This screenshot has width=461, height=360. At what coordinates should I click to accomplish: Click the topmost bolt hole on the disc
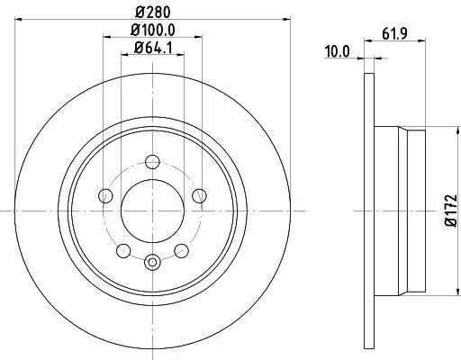[x=151, y=162]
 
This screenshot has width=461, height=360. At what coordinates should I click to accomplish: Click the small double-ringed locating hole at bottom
[x=151, y=262]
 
